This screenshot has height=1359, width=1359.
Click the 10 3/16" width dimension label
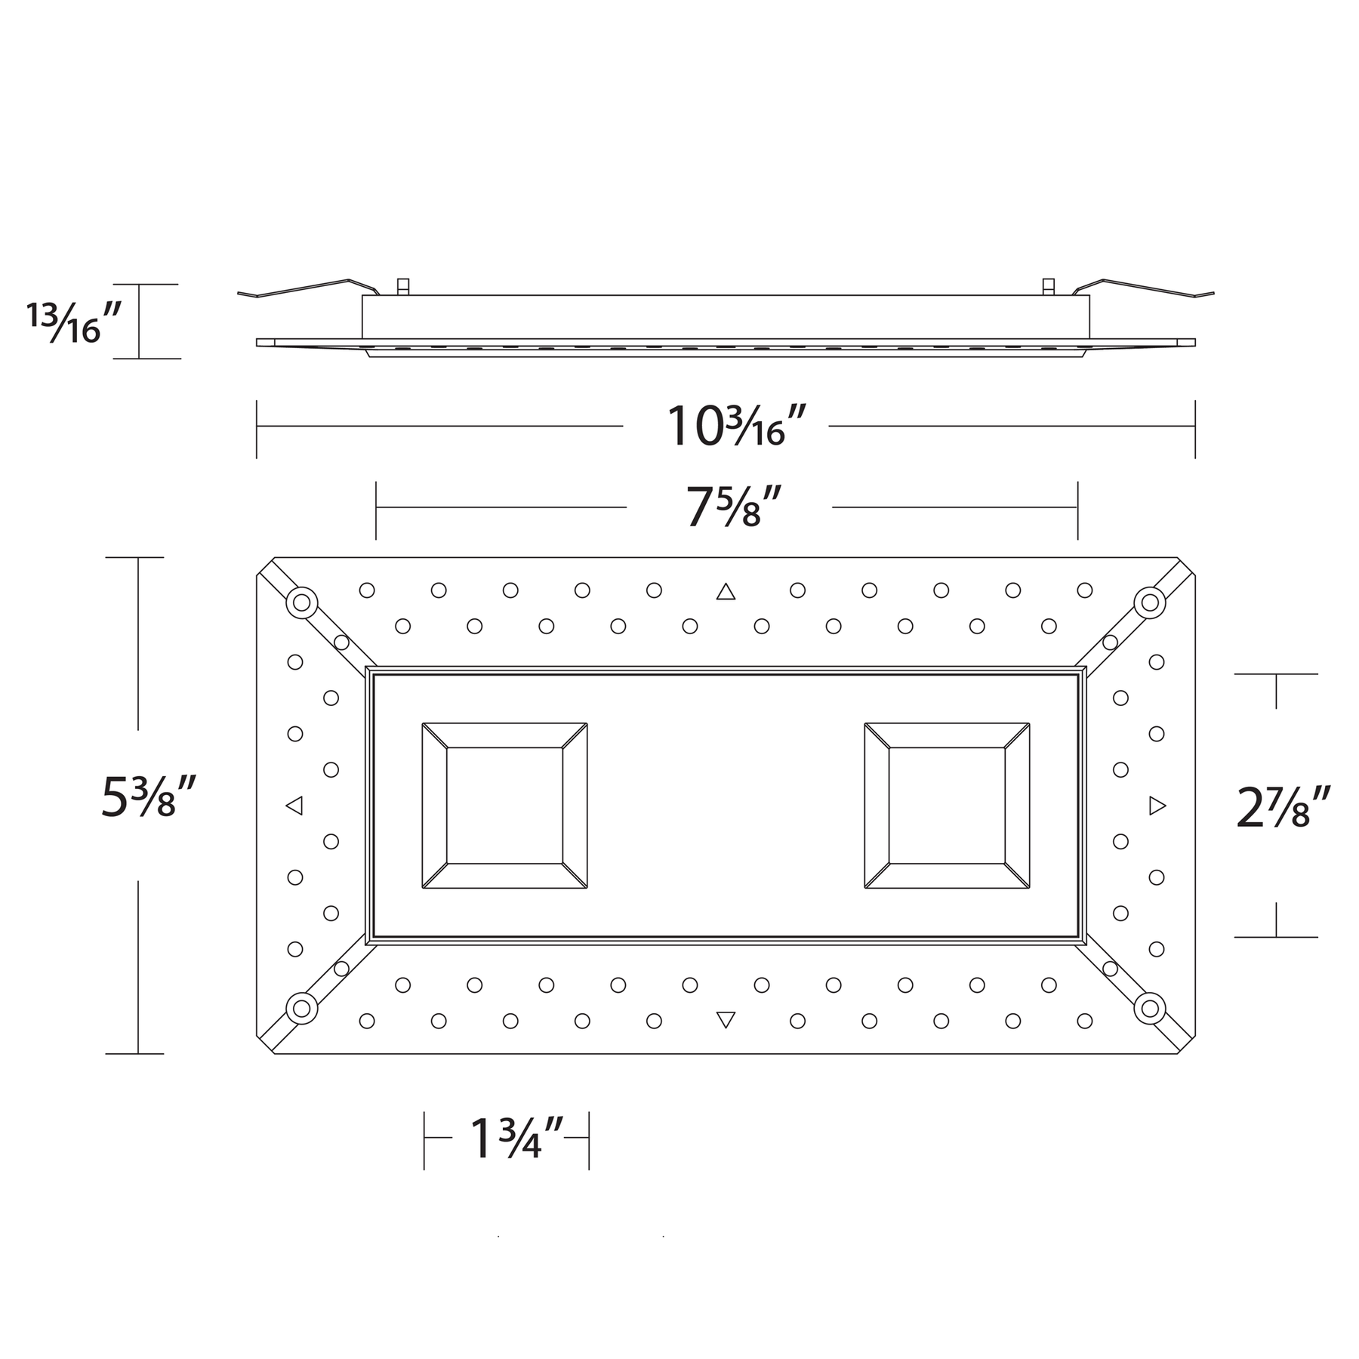click(x=726, y=427)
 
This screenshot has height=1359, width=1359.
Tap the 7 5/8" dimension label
click(x=732, y=507)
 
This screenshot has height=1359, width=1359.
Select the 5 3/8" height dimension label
click(x=149, y=797)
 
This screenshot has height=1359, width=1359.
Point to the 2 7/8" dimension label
click(x=1283, y=807)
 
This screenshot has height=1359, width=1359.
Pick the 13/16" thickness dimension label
click(x=73, y=323)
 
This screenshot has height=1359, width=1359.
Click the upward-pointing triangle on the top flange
click(x=726, y=591)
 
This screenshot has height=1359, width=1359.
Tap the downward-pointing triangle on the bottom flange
click(x=726, y=1020)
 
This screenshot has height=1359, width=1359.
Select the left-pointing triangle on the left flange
click(x=294, y=806)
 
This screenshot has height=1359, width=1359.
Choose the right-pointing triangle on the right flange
click(x=1157, y=806)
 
